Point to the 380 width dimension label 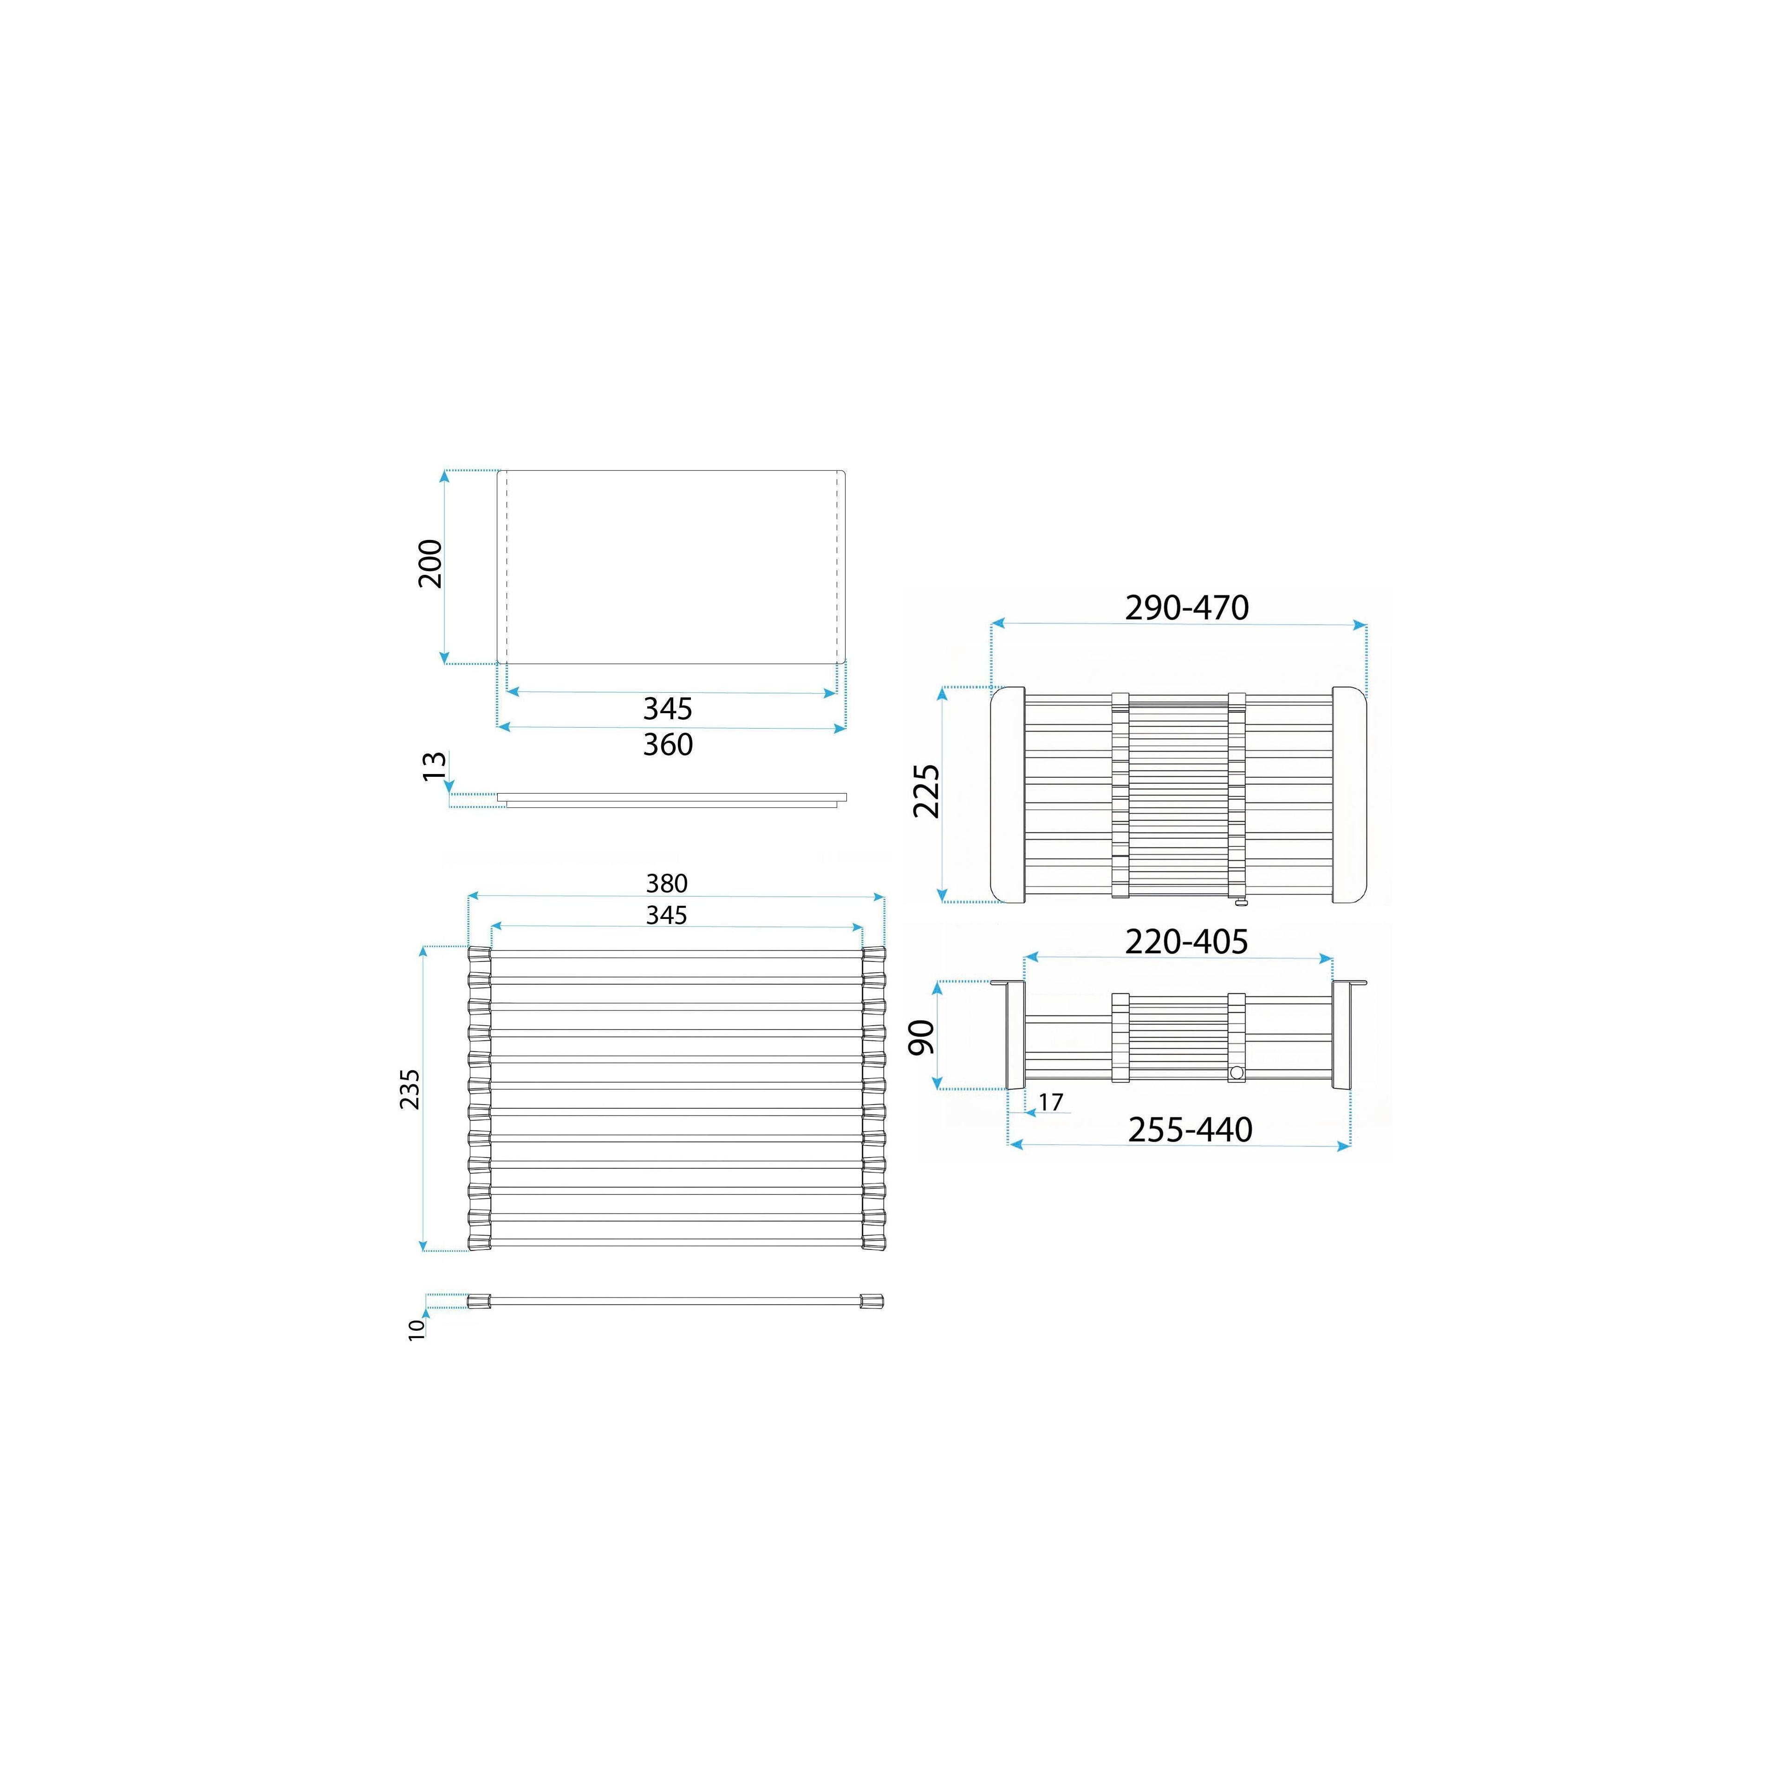[x=666, y=883]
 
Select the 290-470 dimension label [x=1187, y=607]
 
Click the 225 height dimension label [x=926, y=791]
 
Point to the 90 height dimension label [x=922, y=1037]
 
